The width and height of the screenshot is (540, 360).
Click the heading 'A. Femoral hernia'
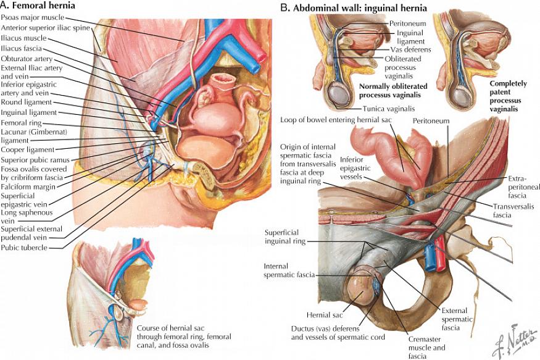point(38,6)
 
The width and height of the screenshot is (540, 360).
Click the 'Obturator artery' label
point(27,59)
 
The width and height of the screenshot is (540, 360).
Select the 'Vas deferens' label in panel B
point(410,49)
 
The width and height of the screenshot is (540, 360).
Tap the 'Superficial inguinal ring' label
point(285,237)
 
